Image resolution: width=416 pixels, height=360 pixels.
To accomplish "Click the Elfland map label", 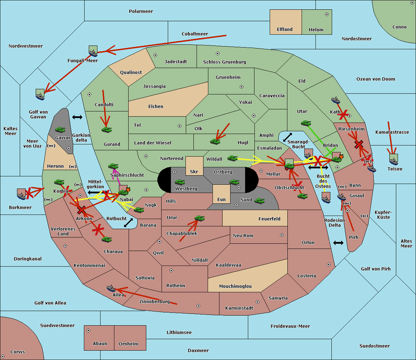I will (285, 30).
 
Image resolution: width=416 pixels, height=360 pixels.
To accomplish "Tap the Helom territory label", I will (316, 30).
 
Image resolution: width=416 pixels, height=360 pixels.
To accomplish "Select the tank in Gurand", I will (106, 129).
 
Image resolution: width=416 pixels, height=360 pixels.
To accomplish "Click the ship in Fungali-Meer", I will (93, 51).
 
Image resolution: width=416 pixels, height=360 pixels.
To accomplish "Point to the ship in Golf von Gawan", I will (40, 94).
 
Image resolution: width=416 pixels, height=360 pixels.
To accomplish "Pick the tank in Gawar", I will (60, 130).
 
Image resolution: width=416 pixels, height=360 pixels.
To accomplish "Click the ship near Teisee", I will (393, 159).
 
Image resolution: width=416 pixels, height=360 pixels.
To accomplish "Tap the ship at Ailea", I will (111, 288).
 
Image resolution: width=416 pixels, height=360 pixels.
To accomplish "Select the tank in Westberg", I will (180, 182).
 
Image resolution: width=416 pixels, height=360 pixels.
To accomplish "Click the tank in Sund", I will (260, 200).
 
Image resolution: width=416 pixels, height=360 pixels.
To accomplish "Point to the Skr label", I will (194, 172).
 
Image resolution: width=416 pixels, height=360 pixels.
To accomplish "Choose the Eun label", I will (222, 200).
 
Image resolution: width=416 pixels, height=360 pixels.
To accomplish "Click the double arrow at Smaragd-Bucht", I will (288, 137).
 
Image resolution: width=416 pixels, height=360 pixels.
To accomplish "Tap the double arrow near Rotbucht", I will (128, 223).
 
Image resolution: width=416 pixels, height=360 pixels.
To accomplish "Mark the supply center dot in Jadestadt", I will (155, 55).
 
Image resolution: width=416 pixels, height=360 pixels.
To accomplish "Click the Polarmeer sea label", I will (141, 11).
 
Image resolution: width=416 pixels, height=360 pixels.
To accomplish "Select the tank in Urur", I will (199, 218).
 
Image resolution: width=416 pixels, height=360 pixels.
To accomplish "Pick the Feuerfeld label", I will (269, 219).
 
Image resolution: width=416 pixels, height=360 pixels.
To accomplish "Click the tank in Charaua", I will (106, 239).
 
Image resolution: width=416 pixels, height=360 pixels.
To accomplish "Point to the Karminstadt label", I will (239, 308).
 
